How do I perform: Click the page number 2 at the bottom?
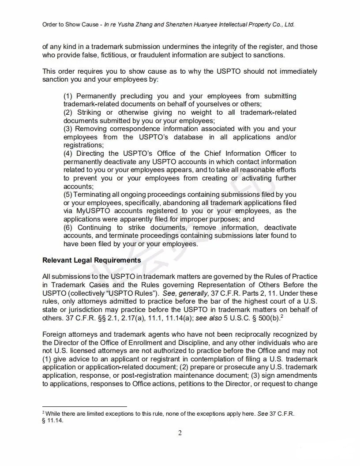[180, 432]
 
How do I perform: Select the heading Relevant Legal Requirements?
[91, 260]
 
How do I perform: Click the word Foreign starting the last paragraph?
[55, 334]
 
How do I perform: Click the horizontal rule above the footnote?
[84, 406]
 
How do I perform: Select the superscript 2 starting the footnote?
[44, 412]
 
